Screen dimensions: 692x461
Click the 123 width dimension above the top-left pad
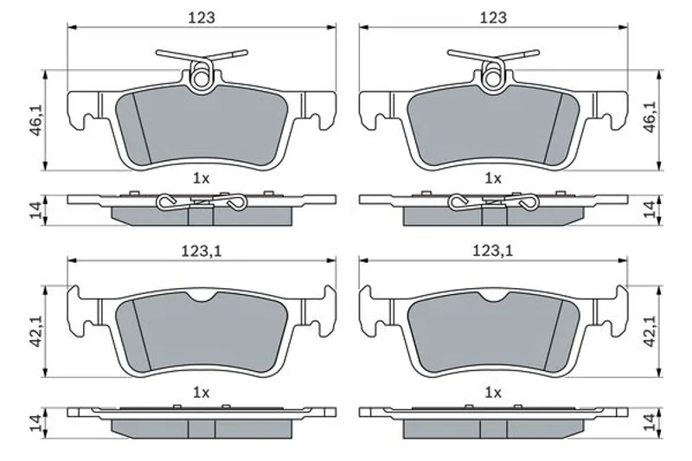[202, 17]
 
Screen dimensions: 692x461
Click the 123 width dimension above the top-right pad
[493, 17]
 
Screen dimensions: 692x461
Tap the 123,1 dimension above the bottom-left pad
[202, 251]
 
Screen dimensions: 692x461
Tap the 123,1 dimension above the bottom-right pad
[493, 251]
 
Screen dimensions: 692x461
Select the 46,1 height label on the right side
[650, 117]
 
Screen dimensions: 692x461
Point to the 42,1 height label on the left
[36, 330]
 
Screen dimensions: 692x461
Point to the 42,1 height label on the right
[650, 330]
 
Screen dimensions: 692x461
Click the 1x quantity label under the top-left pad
[202, 179]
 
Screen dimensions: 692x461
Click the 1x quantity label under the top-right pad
[493, 179]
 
